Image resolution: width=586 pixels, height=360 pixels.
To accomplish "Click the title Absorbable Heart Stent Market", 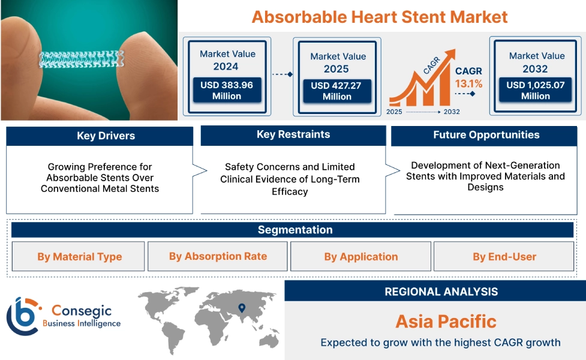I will tap(380, 16).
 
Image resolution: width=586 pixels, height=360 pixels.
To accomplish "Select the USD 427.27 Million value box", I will tap(336, 91).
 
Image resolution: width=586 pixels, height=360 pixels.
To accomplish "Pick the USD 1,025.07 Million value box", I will tap(536, 91).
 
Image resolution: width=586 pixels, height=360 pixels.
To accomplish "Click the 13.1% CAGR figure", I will tap(468, 84).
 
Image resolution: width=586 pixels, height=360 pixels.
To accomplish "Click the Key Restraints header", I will tap(293, 134).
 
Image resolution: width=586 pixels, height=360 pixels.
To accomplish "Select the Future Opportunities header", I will tap(486, 135).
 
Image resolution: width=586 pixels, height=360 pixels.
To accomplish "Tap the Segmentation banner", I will tap(295, 230).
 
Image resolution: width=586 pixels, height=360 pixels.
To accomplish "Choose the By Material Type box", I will tap(79, 257).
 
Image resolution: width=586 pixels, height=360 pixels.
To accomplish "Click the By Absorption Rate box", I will tap(218, 256).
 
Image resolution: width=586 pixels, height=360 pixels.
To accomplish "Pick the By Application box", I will tap(360, 257).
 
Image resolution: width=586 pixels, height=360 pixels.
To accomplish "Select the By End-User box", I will tap(504, 257).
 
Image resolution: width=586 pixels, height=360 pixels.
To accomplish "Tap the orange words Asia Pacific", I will tap(446, 321).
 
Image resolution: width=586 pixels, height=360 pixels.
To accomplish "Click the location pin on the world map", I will tap(242, 308).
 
